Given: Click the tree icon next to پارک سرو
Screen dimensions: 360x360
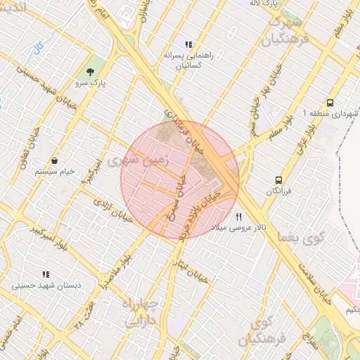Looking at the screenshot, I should (89, 72).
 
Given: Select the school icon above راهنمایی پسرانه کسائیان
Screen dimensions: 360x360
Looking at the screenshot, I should (188, 44).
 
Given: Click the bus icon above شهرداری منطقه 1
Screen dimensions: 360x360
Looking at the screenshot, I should (330, 103).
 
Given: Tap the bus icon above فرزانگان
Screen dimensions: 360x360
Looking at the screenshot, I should (279, 181).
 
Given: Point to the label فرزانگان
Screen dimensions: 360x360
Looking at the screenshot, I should (280, 192).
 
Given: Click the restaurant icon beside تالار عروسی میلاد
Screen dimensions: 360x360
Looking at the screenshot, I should (239, 217).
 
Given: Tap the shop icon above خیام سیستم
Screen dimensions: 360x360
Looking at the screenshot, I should (54, 161).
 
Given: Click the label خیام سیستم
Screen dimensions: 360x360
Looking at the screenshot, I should (54, 172).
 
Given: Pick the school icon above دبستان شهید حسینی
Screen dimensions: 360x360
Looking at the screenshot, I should (46, 274).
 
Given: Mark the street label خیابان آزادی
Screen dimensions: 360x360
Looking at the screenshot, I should (113, 209).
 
